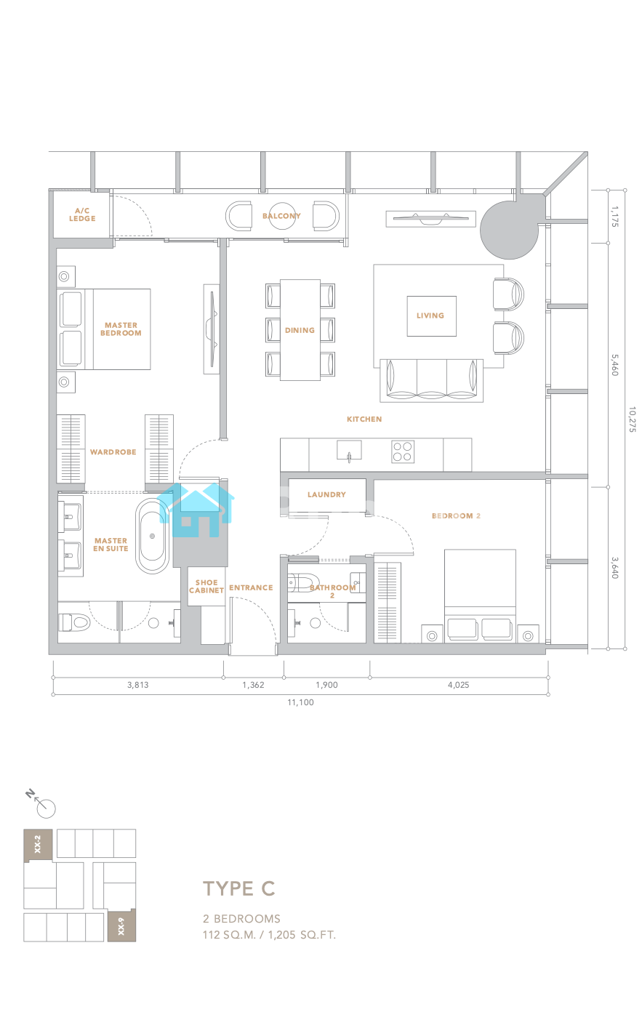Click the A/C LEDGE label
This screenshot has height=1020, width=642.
[x=82, y=214]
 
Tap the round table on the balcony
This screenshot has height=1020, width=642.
[x=282, y=216]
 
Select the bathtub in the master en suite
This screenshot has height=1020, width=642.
[x=153, y=536]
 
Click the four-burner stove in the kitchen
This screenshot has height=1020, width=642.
[x=403, y=451]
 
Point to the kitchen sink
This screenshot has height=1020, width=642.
[x=349, y=450]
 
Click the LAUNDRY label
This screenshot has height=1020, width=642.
[x=326, y=494]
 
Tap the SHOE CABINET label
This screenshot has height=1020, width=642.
[x=206, y=587]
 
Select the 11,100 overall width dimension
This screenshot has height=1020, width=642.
[x=300, y=702]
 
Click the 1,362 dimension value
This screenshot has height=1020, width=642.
[x=253, y=685]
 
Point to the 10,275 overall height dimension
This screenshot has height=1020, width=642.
[x=632, y=419]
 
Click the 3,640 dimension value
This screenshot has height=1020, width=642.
[x=614, y=568]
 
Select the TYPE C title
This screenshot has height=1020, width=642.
[x=239, y=888]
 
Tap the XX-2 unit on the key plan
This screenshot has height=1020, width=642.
[x=39, y=845]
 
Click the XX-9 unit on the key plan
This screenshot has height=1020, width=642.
[x=121, y=925]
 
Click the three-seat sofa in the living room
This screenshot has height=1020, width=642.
[x=432, y=380]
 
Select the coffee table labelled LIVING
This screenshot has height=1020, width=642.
[x=432, y=316]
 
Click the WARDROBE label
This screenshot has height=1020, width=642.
[x=113, y=452]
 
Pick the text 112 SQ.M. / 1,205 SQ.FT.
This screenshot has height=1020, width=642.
[x=269, y=935]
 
